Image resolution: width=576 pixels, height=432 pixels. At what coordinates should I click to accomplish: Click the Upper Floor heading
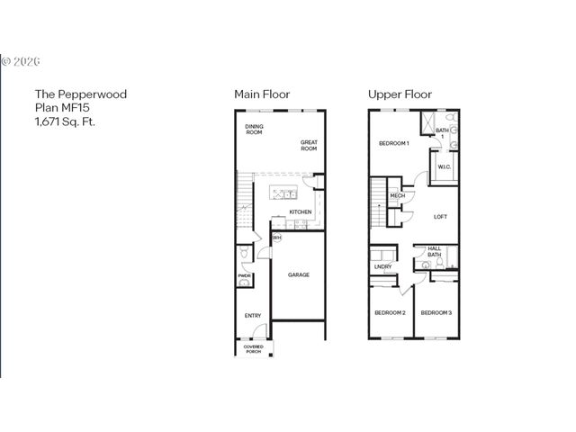click(400, 94)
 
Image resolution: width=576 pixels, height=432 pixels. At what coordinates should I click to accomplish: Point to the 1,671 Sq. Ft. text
click(65, 120)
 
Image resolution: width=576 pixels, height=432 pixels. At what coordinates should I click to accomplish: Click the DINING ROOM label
click(254, 130)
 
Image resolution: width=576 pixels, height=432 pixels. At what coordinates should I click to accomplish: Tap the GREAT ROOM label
click(310, 145)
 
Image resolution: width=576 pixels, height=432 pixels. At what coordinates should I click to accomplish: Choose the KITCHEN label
click(301, 212)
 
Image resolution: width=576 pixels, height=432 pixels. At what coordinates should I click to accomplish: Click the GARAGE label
click(299, 274)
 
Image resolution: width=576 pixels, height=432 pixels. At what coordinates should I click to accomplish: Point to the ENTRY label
click(253, 315)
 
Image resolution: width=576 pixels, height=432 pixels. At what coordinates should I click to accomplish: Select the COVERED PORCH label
click(253, 347)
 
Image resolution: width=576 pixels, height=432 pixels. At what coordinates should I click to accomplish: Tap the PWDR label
click(244, 276)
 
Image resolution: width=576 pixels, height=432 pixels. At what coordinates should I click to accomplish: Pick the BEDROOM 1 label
click(394, 143)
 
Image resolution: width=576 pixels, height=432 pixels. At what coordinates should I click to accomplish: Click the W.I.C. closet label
click(444, 167)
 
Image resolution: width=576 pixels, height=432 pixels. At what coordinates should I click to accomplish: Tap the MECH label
click(397, 196)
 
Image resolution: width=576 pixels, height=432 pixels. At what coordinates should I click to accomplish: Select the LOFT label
click(440, 216)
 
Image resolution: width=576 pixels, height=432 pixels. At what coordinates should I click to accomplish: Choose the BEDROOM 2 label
click(390, 312)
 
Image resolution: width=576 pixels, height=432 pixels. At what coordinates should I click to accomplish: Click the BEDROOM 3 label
click(436, 312)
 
